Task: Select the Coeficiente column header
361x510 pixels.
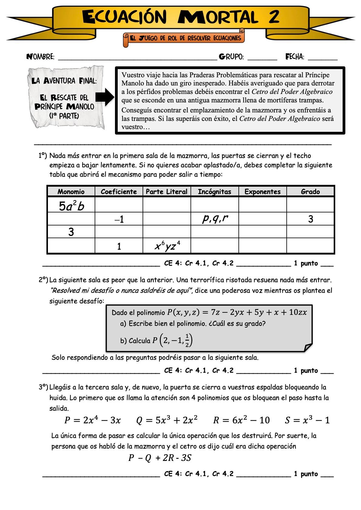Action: tap(119, 192)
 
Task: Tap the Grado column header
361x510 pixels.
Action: tap(310, 192)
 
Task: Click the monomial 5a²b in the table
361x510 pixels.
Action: tap(71, 206)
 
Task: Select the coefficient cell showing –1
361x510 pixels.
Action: tap(119, 219)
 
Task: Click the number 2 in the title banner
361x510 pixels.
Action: tap(274, 17)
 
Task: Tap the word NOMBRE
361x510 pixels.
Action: tap(40, 57)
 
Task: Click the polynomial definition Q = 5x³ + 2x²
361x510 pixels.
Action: tap(167, 420)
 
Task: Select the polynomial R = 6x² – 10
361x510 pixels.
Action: tap(241, 420)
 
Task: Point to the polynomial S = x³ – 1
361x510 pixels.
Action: tap(307, 420)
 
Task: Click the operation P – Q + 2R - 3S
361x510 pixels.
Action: tap(160, 458)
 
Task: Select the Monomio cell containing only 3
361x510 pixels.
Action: tap(71, 232)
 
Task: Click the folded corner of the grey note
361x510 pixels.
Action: tap(308, 347)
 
